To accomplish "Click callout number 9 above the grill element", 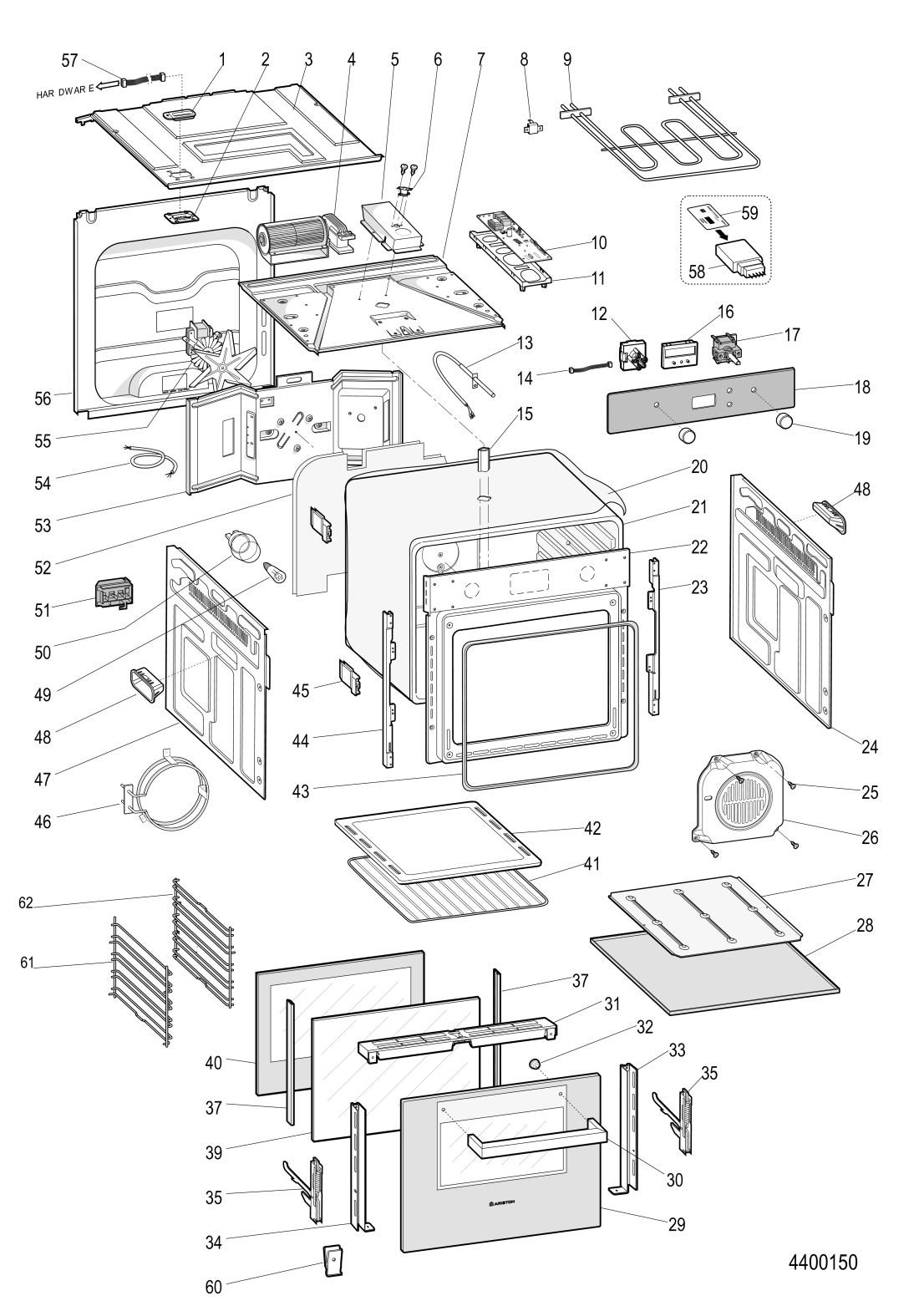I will click(x=567, y=59).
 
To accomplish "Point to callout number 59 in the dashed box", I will click(x=749, y=213).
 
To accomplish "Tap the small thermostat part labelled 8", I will click(x=526, y=129).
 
